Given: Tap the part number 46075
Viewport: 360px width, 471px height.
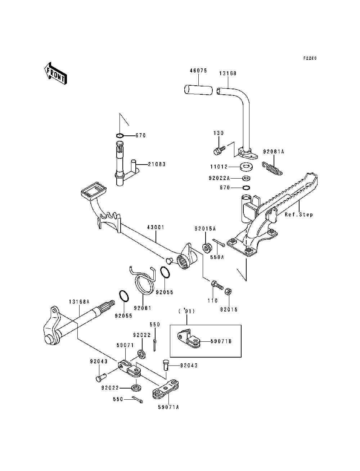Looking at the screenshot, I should tap(198, 71).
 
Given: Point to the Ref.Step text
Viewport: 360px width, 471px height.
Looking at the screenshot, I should tap(299, 215).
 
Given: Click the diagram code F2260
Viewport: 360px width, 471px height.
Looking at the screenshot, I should tap(310, 58).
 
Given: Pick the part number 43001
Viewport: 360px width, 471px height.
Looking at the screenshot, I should tap(156, 227).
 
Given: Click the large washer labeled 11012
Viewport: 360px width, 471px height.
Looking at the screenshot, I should tap(246, 167).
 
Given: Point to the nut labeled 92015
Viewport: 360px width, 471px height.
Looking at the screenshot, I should tap(228, 291).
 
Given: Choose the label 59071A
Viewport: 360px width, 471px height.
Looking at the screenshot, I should tap(168, 407).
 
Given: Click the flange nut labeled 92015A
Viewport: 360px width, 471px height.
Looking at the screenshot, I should tap(207, 248).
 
